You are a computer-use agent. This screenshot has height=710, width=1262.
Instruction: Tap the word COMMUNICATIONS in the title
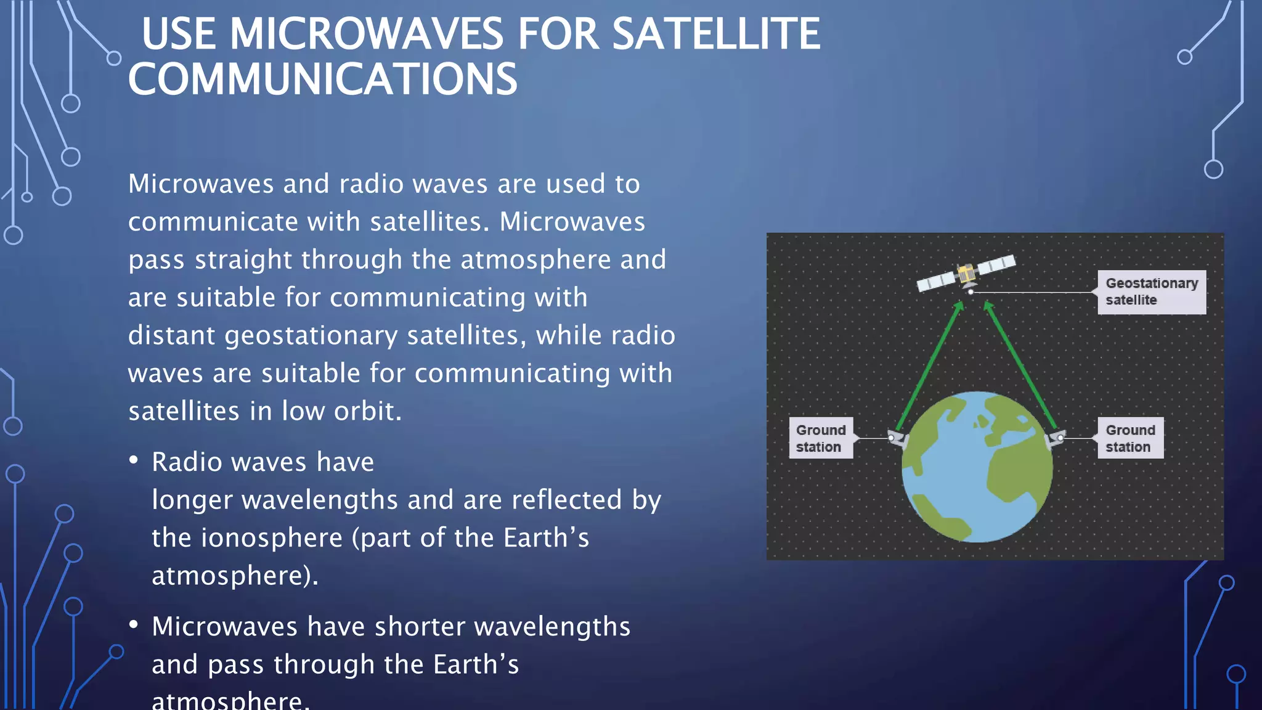322,80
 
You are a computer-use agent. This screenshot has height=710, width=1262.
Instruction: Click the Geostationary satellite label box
1151,292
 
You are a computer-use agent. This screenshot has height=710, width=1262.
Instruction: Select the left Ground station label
820,438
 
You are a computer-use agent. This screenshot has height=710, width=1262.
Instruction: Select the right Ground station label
1130,438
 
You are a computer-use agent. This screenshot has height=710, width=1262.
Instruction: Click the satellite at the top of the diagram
966,273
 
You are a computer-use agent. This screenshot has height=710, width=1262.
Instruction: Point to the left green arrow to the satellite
929,367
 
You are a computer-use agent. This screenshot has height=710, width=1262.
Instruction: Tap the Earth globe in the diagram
977,467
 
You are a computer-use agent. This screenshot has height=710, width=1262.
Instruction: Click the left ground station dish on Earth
897,439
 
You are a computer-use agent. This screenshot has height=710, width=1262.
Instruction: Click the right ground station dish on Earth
1057,438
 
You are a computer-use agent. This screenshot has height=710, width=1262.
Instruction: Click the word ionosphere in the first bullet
272,538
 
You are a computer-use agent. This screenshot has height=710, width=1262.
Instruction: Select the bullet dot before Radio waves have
134,460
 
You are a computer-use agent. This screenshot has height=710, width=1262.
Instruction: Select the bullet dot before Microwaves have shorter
134,624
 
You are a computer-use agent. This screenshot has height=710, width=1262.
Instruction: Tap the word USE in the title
179,34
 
